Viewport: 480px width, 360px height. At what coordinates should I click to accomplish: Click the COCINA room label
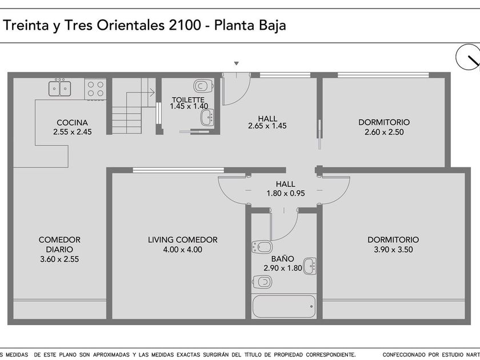[72, 122]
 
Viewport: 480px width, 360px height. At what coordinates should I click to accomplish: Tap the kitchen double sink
[59, 88]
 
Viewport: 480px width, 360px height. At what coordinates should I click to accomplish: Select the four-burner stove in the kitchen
[95, 89]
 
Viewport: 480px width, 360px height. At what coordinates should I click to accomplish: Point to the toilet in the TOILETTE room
[203, 86]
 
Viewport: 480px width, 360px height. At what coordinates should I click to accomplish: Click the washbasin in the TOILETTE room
[207, 117]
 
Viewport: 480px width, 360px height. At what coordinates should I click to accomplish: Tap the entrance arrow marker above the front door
[237, 63]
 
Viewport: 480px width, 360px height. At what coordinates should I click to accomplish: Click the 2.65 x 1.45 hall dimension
[267, 126]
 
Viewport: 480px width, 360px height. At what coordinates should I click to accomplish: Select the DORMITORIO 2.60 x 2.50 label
[384, 127]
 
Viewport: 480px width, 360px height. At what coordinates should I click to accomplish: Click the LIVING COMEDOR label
[183, 239]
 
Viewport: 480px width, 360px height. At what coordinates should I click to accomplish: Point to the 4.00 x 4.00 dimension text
[183, 250]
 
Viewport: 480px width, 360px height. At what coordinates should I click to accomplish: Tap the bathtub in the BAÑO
[284, 306]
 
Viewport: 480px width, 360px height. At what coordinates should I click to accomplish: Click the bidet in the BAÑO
[262, 247]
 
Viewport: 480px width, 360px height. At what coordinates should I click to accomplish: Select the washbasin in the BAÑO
[310, 266]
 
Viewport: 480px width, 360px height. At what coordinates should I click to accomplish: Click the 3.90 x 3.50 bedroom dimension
[393, 250]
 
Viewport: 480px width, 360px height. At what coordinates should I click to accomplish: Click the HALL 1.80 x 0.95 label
[286, 189]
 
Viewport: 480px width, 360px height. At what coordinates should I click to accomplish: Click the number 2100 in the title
[185, 25]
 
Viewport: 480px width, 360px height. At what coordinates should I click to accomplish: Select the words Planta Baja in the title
[250, 25]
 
